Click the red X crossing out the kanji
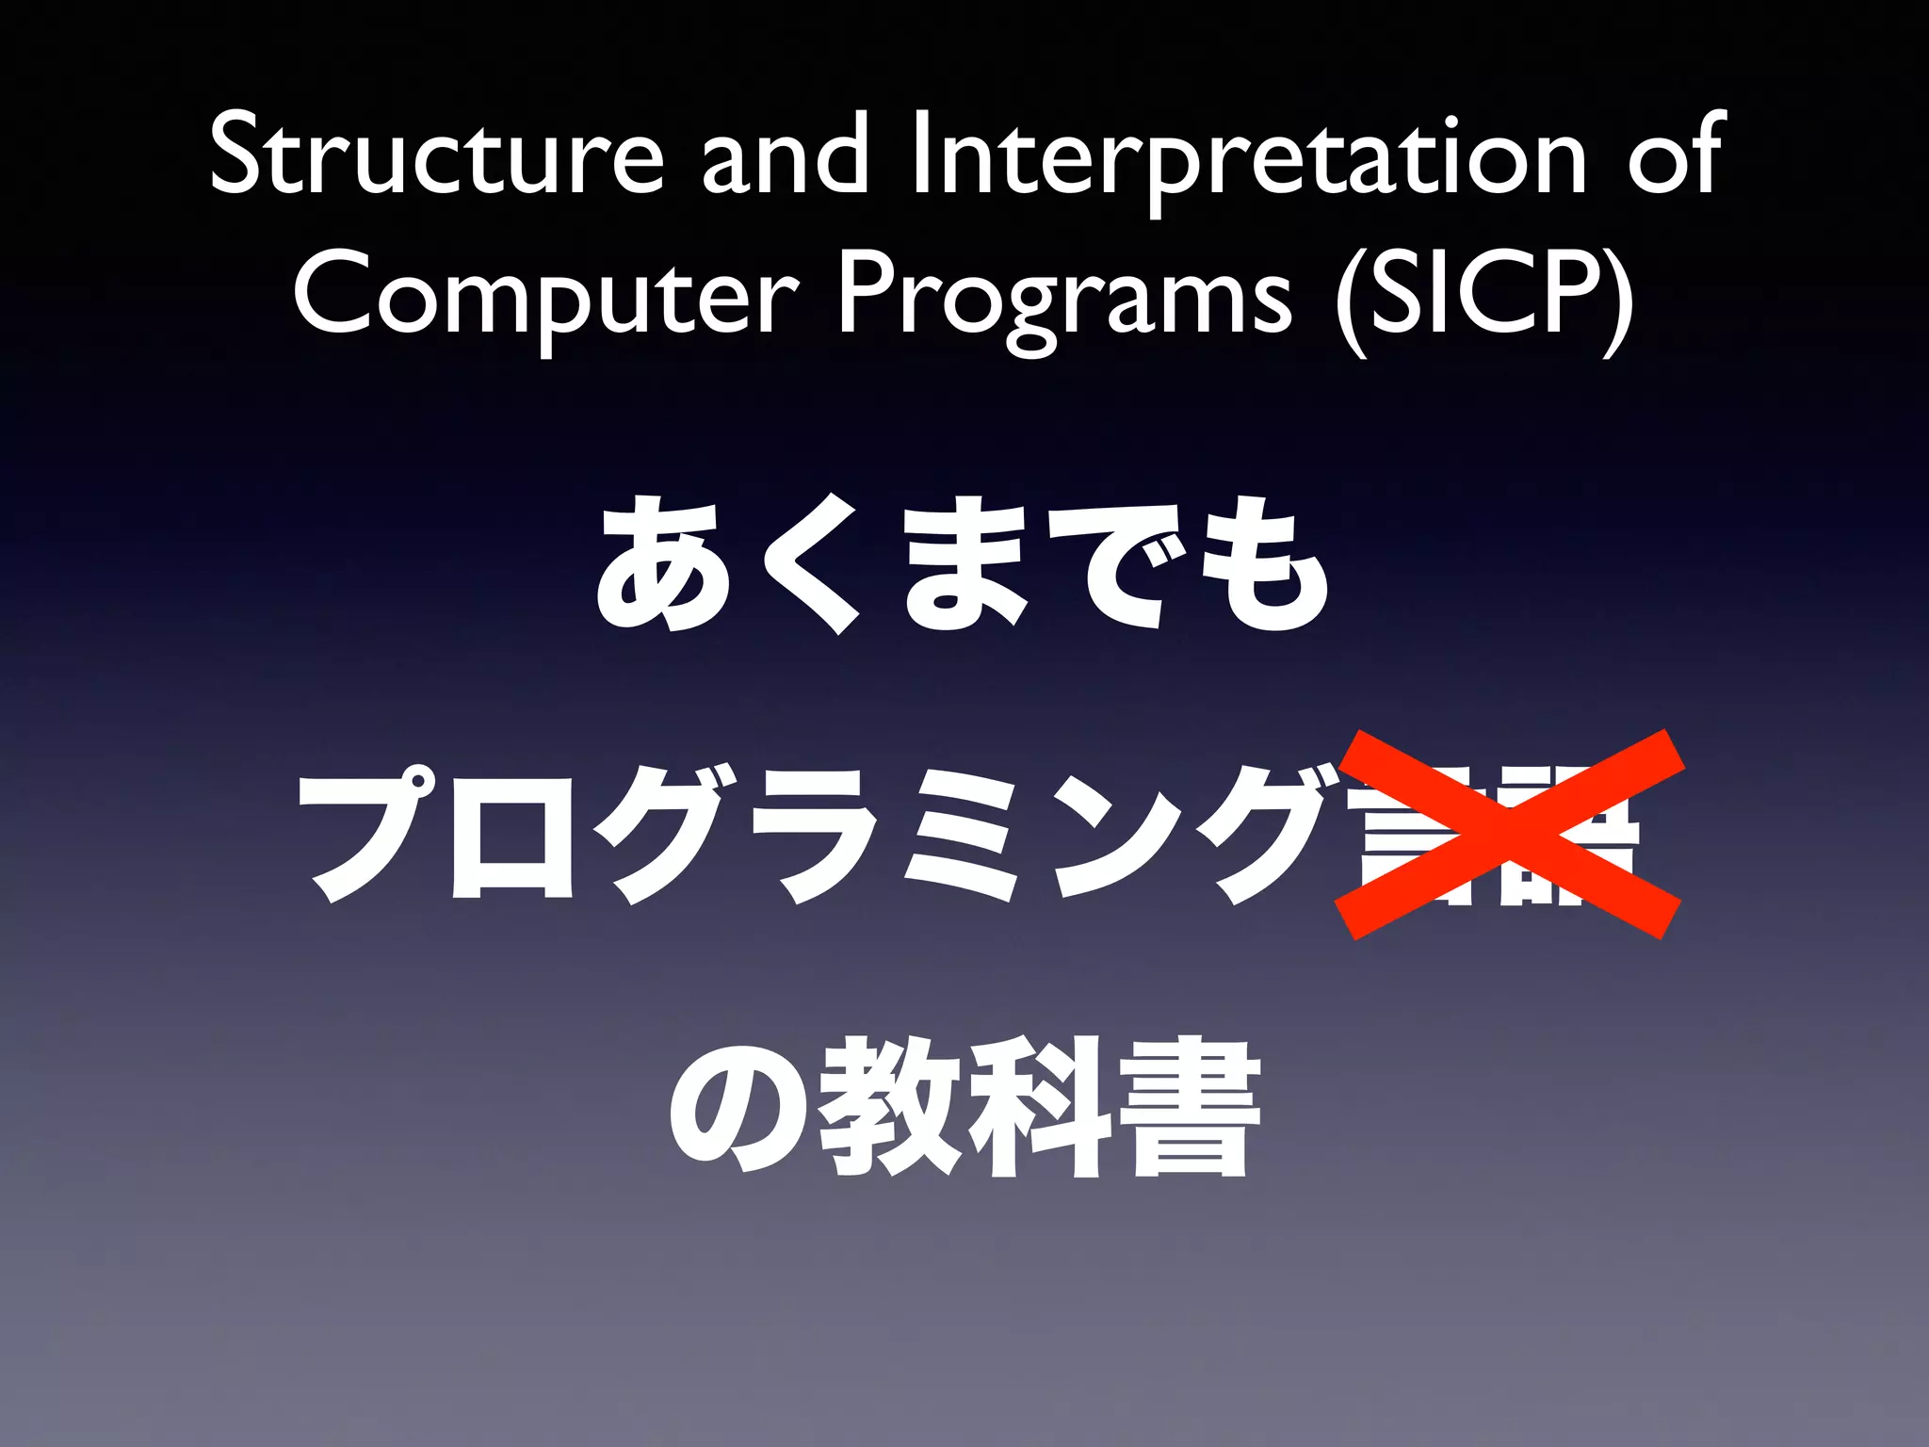tap(1509, 834)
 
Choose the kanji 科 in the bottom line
tap(1036, 1107)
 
